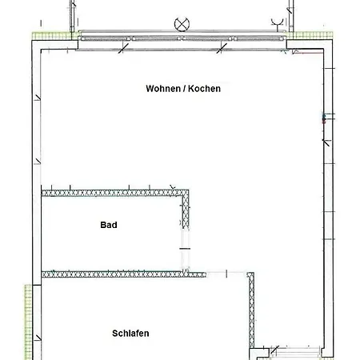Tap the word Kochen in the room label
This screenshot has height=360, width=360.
coord(204,89)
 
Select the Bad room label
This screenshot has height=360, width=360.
coord(109,225)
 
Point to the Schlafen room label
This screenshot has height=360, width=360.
coord(130,334)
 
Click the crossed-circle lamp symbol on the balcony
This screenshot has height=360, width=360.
coord(182,25)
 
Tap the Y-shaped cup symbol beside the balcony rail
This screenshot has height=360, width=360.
coord(278,23)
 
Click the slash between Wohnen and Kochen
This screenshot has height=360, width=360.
coord(184,89)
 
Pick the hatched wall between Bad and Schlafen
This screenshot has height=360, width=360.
coord(124,274)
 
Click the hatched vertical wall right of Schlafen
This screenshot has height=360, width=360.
coord(251,310)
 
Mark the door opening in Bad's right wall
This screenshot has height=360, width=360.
coord(185,249)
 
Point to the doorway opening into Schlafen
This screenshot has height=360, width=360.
coord(226,274)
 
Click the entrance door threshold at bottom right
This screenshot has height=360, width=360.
coord(296,352)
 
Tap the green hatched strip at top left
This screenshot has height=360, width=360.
coord(52,36)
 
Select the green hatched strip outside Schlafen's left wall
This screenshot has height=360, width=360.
coord(28,322)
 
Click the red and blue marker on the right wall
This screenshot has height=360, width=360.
coord(324,118)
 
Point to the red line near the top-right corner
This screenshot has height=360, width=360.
coord(310,53)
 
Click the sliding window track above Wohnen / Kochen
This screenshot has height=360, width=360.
coord(182,38)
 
